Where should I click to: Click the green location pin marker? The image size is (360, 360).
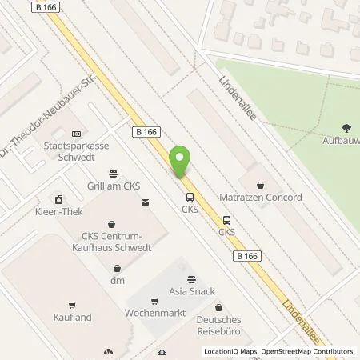(182, 162)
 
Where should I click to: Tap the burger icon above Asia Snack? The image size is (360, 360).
(190, 278)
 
